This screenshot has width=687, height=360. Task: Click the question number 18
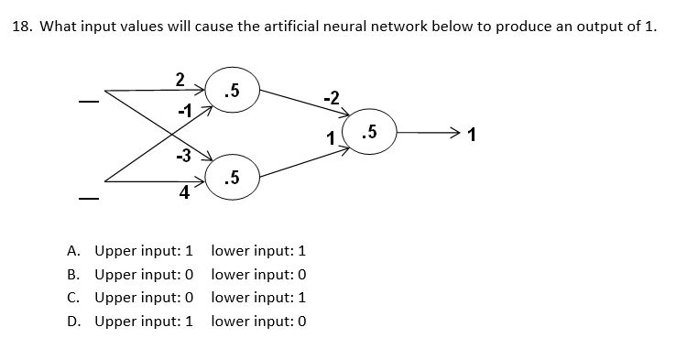pos(20,26)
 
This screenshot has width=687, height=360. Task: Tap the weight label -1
pos(187,111)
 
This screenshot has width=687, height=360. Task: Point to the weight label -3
pos(184,156)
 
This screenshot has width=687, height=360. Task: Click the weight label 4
pos(185,192)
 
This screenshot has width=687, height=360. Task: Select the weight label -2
pos(331,97)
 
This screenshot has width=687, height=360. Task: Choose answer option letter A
pos(73,250)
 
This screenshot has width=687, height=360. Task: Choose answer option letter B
pos(73,274)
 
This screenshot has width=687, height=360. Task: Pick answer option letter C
pos(73,298)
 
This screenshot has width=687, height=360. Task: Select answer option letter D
pos(73,322)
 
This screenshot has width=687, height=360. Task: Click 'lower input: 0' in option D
pos(258,322)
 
